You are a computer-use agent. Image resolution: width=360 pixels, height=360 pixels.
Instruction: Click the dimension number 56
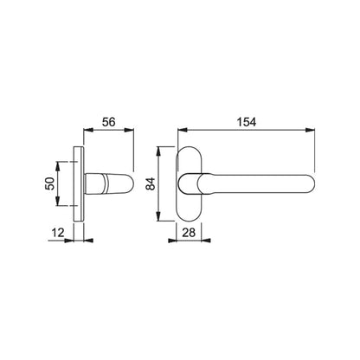(109, 122)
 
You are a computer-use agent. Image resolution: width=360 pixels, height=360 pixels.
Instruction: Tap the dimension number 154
(247, 122)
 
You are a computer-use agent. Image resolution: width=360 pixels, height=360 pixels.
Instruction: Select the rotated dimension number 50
(49, 183)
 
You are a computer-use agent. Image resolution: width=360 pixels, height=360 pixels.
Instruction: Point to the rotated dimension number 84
(151, 183)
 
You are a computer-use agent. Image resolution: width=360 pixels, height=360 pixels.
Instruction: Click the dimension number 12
(58, 233)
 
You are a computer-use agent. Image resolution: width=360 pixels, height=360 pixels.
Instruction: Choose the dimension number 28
(189, 233)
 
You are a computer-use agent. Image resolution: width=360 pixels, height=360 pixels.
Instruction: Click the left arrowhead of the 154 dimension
(182, 130)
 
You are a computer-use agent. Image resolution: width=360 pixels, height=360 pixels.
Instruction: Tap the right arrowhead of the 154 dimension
(311, 130)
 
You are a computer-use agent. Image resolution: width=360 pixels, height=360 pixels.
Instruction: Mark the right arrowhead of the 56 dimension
(130, 130)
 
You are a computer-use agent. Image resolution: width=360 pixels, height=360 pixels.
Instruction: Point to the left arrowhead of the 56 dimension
(87, 130)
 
